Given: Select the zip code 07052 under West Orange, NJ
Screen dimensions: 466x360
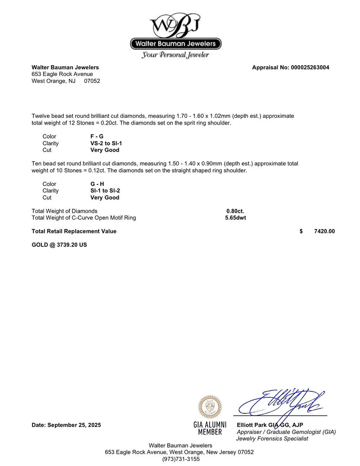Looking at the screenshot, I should tap(92, 81).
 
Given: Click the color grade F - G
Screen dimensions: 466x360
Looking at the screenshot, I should tap(97, 136).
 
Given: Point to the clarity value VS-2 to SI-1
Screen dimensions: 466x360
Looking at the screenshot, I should tap(106, 143).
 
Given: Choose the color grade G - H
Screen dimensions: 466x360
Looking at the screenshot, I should tap(97, 184).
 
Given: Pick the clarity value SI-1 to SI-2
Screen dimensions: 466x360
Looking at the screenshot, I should tap(105, 191).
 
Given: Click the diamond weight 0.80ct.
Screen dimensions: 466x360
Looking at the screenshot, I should tap(235, 211).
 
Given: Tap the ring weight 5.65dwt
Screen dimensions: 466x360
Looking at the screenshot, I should tap(235, 218).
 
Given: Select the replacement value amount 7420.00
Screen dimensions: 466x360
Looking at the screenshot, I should tap(324, 231).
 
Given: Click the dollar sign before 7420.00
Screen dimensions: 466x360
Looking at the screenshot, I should tap(301, 231).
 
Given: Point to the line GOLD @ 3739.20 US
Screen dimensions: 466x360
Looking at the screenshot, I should tap(59, 245).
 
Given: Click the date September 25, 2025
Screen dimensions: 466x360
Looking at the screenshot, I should tap(67, 425).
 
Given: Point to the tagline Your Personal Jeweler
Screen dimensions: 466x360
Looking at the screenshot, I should tap(175, 55).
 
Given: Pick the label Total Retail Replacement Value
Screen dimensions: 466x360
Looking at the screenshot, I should tap(74, 231).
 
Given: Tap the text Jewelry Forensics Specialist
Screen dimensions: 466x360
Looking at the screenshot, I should tap(272, 439).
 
